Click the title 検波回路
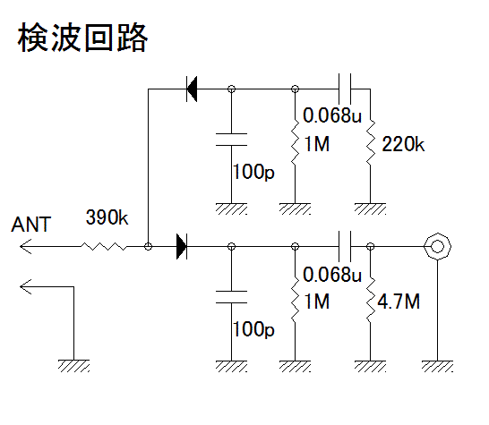click(82, 38)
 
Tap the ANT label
click(30, 225)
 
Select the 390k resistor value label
click(107, 217)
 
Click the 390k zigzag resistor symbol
click(104, 246)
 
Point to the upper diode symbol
click(192, 89)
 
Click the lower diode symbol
click(182, 246)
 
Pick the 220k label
click(403, 144)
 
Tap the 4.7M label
click(399, 302)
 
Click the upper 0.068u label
click(332, 115)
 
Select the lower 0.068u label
click(332, 275)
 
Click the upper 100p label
click(253, 172)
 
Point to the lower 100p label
click(253, 329)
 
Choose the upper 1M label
click(316, 144)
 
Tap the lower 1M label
click(316, 302)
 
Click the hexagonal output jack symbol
click(438, 246)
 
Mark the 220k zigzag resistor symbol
click(371, 142)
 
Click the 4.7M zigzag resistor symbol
click(371, 300)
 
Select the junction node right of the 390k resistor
click(148, 246)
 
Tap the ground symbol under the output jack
click(438, 366)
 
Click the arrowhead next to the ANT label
click(26, 246)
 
